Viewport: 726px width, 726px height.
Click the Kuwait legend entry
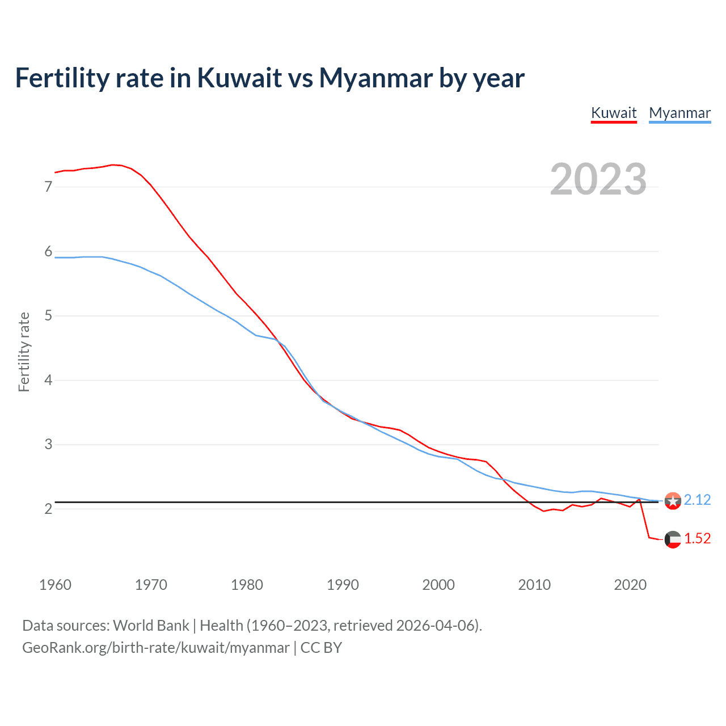tap(614, 113)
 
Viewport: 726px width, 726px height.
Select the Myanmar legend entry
tap(679, 113)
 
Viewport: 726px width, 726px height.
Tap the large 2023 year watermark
tap(598, 179)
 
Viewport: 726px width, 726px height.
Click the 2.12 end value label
tap(697, 500)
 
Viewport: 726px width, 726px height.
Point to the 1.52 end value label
tap(697, 538)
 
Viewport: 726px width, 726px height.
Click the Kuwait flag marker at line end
tap(673, 539)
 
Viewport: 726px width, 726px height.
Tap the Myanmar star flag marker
tap(673, 501)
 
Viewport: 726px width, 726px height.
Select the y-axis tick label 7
tap(48, 187)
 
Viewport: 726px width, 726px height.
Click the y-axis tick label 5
tap(48, 315)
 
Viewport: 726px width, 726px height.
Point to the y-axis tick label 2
tap(48, 509)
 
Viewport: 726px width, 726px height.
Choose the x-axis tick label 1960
tap(55, 585)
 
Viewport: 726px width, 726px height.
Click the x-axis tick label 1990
tap(343, 585)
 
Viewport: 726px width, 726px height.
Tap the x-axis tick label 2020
tap(630, 585)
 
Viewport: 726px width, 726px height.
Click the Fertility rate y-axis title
tap(24, 352)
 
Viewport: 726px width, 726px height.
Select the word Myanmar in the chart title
tap(375, 78)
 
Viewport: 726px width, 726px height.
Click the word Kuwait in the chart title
tap(239, 78)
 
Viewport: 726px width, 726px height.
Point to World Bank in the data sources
tap(151, 625)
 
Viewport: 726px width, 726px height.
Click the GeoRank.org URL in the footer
tap(155, 648)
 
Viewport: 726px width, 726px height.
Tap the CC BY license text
tap(321, 648)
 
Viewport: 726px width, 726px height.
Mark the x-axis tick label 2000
tap(438, 585)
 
